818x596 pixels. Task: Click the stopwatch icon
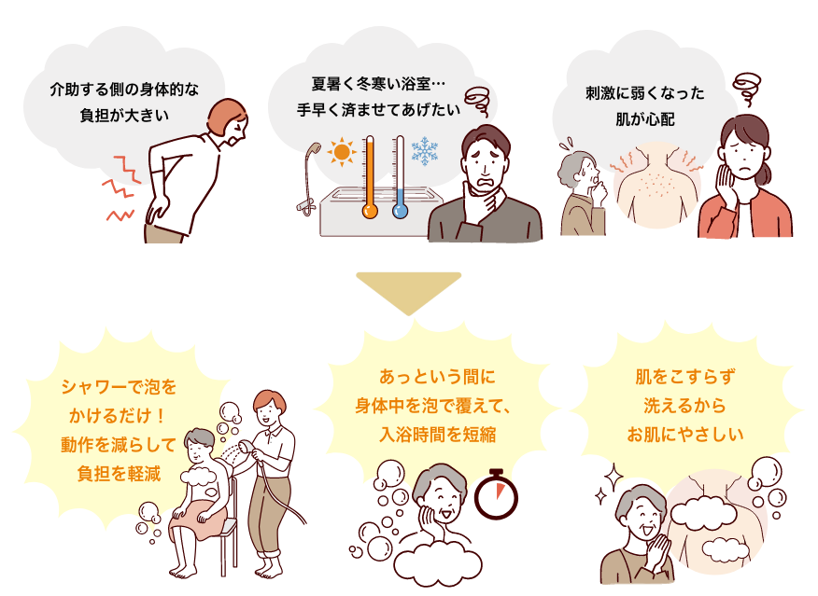coord(494,495)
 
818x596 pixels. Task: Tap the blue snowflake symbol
coord(426,151)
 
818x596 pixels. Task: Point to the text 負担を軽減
coord(119,473)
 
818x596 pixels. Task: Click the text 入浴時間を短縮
coord(437,433)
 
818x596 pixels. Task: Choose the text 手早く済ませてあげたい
coord(378,108)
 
